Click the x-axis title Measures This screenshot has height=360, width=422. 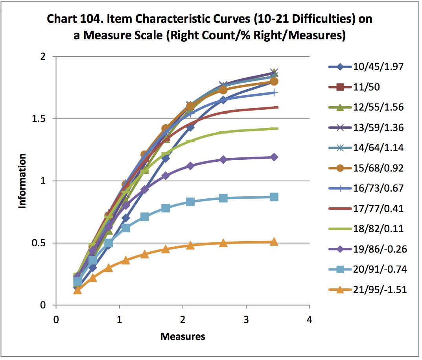pos(182,337)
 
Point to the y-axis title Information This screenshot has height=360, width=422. pos(23,181)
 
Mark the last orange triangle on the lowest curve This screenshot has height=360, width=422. pos(274,242)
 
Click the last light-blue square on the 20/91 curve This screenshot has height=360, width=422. pos(274,197)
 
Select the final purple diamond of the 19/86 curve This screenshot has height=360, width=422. pos(274,157)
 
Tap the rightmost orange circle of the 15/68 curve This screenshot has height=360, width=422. pos(274,81)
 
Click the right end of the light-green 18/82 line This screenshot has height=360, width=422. pos(277,128)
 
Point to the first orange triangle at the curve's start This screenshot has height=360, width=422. pos(77,290)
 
